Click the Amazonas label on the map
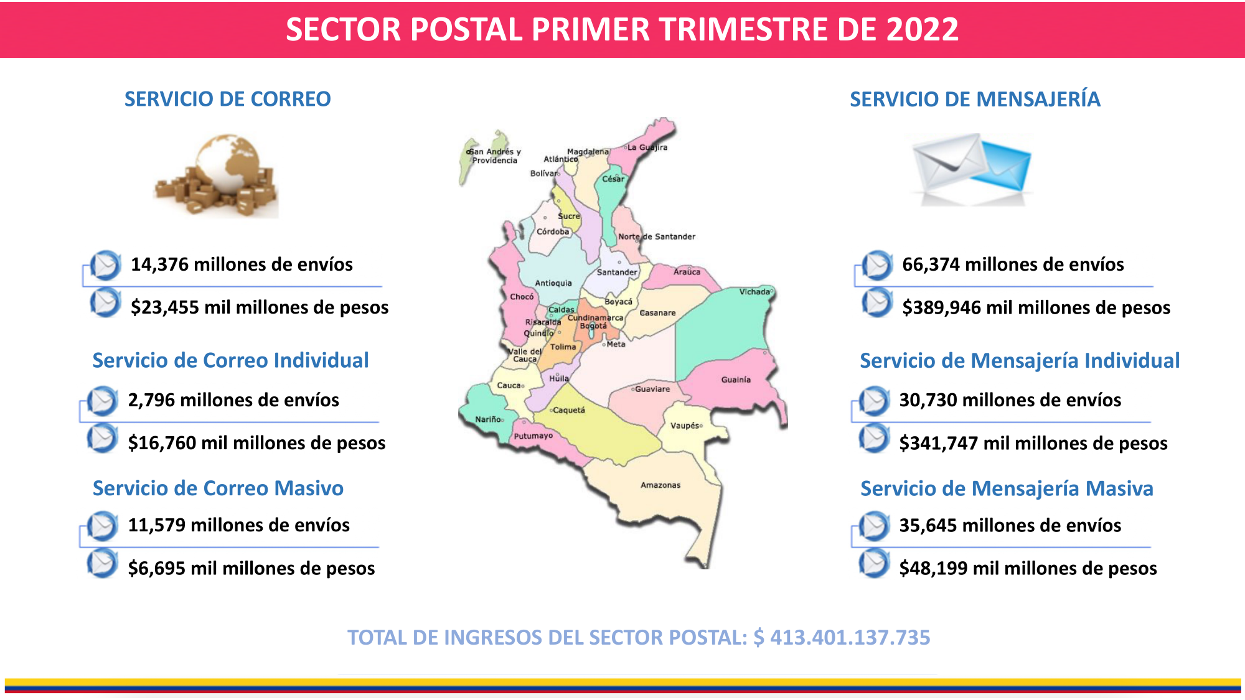click(x=660, y=485)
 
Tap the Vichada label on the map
click(x=754, y=292)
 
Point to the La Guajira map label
click(x=647, y=147)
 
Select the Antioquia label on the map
click(x=553, y=283)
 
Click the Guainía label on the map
click(x=736, y=380)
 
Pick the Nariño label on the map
click(x=488, y=419)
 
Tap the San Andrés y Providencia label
click(x=495, y=156)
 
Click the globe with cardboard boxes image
click(x=216, y=175)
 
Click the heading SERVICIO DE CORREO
click(x=228, y=99)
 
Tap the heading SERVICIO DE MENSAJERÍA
click(x=975, y=99)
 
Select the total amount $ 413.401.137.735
click(x=842, y=637)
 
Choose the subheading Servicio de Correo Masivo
click(x=218, y=488)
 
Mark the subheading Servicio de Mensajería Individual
click(x=1020, y=361)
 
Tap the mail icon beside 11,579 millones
click(x=103, y=526)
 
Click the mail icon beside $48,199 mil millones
click(x=875, y=564)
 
